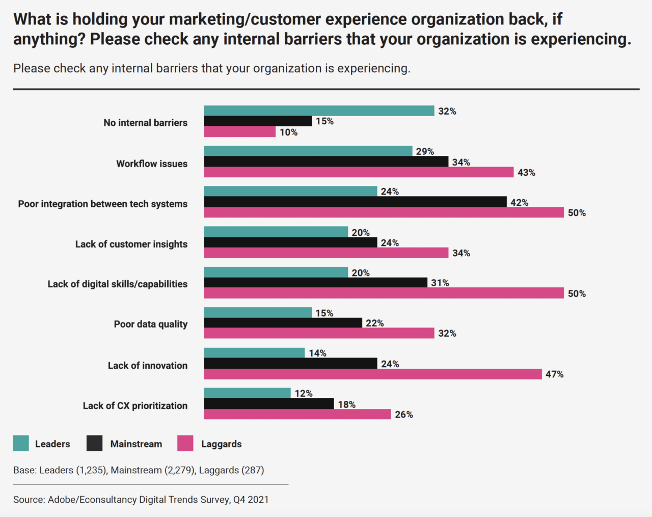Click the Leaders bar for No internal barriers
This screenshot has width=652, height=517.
point(319,111)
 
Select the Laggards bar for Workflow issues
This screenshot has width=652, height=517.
point(359,172)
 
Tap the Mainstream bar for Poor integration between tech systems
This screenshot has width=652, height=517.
point(355,202)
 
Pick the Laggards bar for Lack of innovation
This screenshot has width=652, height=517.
point(373,374)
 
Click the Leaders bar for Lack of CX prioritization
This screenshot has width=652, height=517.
point(247,393)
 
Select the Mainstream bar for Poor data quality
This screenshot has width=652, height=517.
point(283,323)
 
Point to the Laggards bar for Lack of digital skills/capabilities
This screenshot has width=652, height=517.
point(384,293)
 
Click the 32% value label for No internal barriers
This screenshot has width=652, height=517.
point(447,112)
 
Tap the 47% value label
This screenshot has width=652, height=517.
point(554,374)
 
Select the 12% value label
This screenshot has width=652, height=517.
point(304,394)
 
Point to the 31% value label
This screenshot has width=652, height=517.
point(440,283)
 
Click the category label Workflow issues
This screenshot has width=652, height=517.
point(152,164)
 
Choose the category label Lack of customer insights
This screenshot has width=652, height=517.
point(131,244)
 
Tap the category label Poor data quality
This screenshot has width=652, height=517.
point(151,324)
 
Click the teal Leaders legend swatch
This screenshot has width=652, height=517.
point(21,444)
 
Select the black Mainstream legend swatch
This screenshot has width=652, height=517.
point(95,444)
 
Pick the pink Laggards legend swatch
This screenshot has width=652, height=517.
point(185,444)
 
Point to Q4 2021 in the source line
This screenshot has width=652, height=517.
point(251,500)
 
